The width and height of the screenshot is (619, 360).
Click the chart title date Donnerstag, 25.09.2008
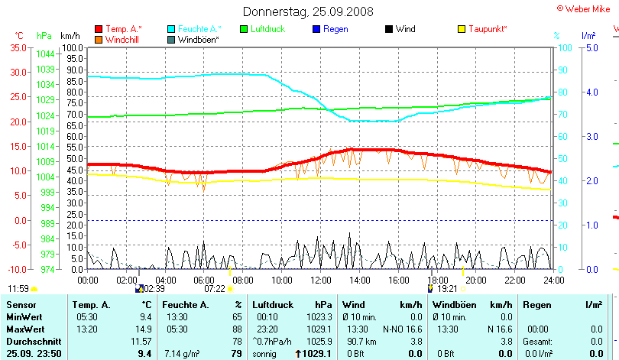[x=308, y=11]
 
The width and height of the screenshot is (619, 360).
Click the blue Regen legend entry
[x=335, y=29]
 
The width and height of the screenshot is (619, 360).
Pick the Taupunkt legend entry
[x=488, y=29]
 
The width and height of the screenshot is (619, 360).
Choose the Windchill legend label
[x=122, y=39]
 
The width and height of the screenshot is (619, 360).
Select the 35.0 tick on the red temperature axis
[x=17, y=47]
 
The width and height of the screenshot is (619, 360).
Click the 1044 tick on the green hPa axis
[x=45, y=54]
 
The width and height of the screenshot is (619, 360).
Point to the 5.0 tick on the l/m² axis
[x=590, y=47]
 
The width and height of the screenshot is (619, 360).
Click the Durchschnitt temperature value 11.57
[x=141, y=341]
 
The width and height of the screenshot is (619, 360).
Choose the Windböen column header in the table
[x=454, y=304]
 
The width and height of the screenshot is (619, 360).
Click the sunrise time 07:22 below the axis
[x=215, y=289]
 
